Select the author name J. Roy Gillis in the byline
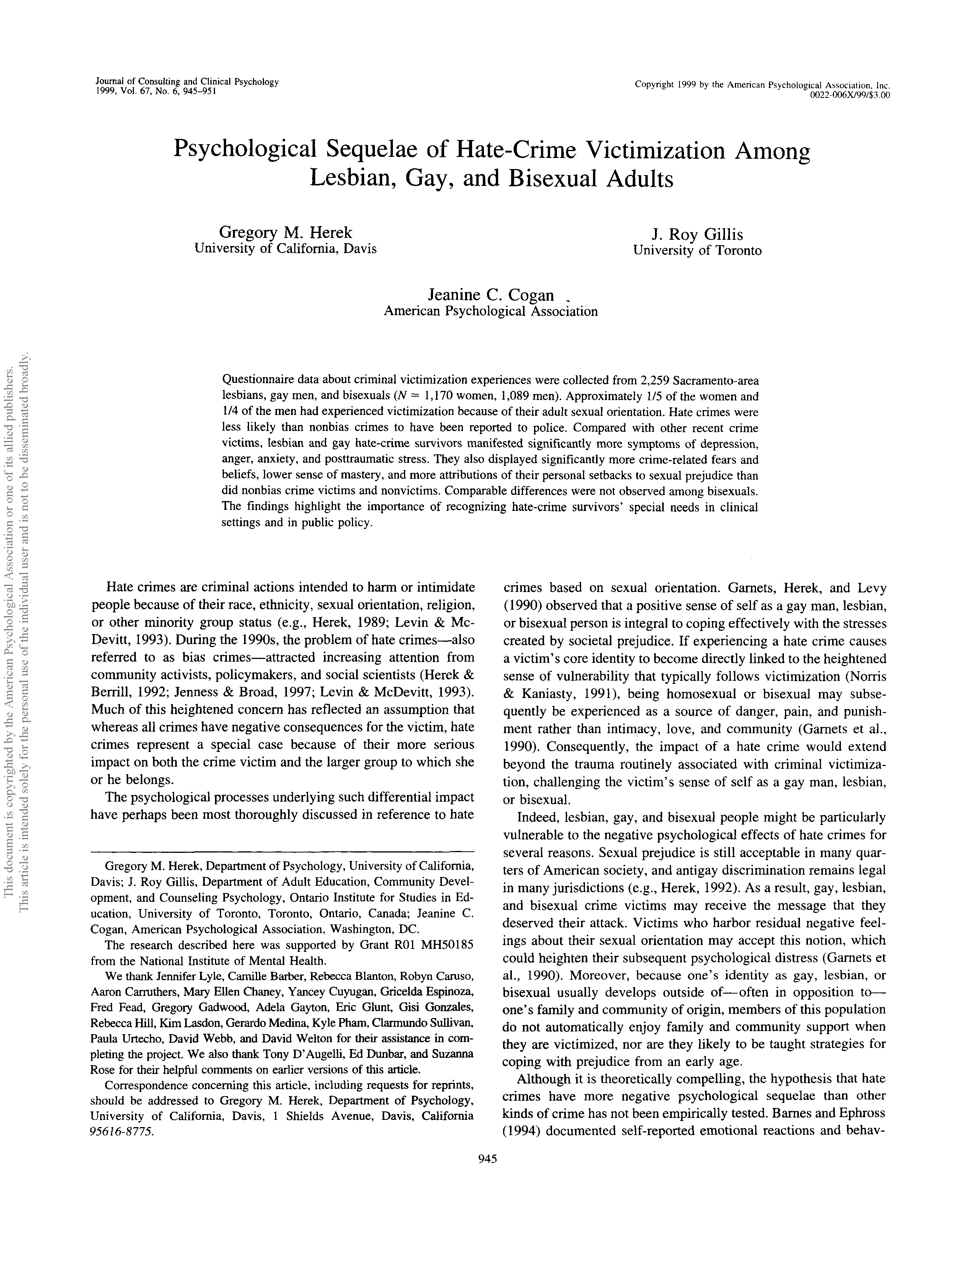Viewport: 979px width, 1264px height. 697,234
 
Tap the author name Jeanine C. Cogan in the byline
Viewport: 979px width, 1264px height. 491,295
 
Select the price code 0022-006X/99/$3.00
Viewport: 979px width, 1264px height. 849,95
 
